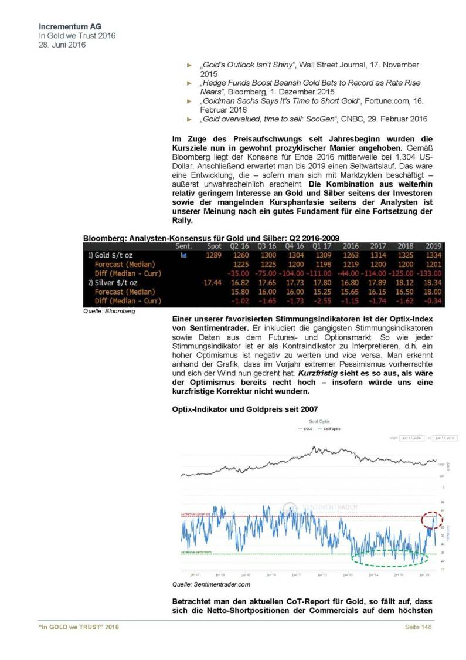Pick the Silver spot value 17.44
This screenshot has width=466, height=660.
tap(212, 283)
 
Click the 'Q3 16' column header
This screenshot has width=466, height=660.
tap(266, 246)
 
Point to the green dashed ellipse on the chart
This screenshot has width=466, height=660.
tap(389, 555)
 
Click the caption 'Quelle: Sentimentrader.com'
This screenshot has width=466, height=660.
tap(211, 584)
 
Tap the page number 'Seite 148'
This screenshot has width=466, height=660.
tap(419, 628)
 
